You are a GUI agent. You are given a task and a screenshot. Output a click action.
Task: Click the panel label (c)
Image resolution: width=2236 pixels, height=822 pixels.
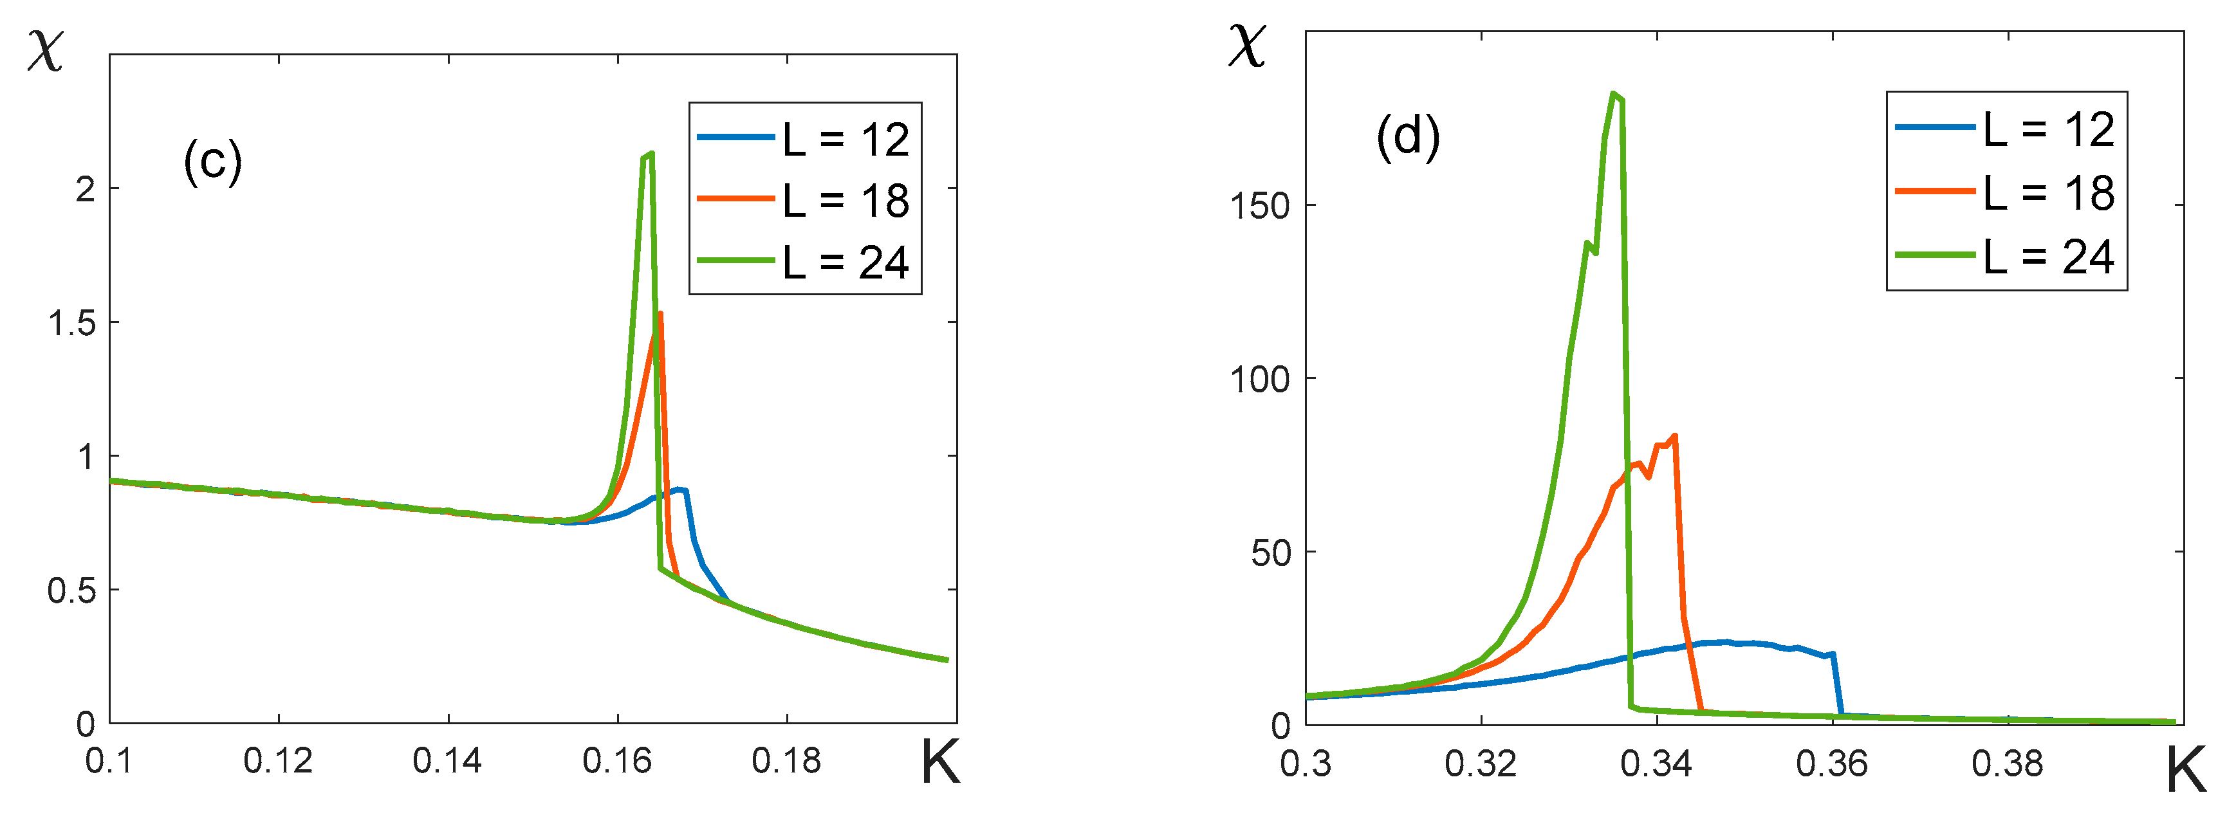(x=213, y=161)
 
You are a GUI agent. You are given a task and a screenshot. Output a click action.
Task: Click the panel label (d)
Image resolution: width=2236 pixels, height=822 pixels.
(x=1408, y=137)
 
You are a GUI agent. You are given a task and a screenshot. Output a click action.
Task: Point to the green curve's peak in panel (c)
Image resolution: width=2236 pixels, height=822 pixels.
(x=650, y=154)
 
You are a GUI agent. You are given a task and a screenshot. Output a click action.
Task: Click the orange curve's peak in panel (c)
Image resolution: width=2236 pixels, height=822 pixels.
(x=661, y=315)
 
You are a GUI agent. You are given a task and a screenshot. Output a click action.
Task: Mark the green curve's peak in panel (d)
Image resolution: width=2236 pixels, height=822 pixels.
(x=1612, y=94)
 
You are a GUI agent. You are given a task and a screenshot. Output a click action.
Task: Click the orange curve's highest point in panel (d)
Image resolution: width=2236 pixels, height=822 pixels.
(x=1674, y=435)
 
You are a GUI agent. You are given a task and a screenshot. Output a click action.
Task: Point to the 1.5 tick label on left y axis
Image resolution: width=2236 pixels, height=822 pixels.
(x=72, y=323)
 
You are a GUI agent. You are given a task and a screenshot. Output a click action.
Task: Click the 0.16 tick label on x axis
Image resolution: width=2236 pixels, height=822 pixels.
(x=617, y=762)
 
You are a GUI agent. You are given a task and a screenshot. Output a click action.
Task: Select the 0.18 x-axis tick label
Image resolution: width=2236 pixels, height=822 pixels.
(x=786, y=762)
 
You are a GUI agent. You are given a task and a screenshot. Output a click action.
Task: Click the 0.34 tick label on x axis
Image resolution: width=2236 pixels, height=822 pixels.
(x=1656, y=764)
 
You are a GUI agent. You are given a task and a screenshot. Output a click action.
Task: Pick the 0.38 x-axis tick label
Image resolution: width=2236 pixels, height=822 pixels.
(x=2007, y=764)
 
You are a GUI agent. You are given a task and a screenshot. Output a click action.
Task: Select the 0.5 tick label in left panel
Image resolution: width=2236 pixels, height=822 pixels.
(x=72, y=591)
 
